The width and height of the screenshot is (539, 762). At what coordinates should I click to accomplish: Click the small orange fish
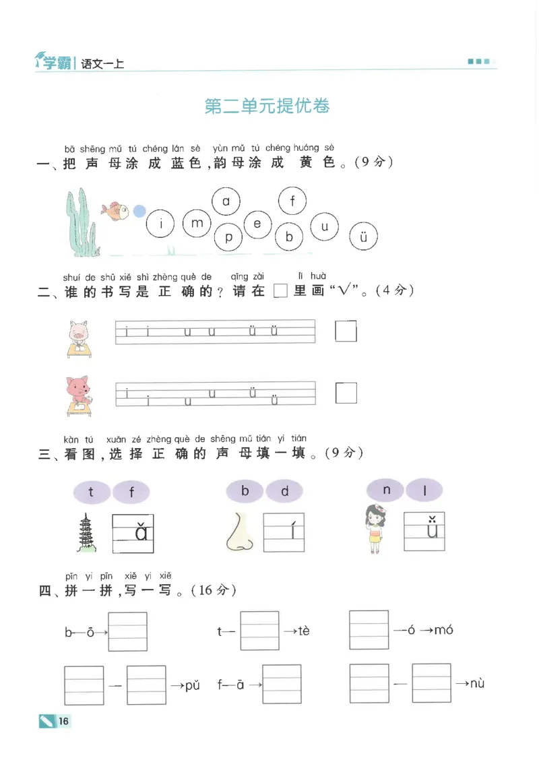pos(115,211)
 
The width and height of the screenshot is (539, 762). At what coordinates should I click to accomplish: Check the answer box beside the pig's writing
pos(346,331)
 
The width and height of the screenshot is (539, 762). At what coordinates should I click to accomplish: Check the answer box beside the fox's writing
pos(346,393)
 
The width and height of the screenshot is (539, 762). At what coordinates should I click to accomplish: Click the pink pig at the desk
pos(79,339)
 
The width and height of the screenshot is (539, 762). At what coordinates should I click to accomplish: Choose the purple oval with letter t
pos(92,492)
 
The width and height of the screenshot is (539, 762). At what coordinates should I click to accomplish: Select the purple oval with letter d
pos(284,491)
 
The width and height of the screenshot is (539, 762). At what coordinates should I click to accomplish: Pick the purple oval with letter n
pos(386,490)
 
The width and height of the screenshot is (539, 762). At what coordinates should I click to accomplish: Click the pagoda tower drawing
pos(86,533)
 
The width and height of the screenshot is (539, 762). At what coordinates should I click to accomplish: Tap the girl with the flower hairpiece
pos(375,528)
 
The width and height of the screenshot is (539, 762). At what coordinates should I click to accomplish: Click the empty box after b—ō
pos(128,631)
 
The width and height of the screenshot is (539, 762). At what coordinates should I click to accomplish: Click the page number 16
pos(63,721)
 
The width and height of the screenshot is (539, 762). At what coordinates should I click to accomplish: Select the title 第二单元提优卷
pos(267,106)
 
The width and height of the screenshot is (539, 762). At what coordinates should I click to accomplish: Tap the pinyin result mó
pos(443,630)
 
